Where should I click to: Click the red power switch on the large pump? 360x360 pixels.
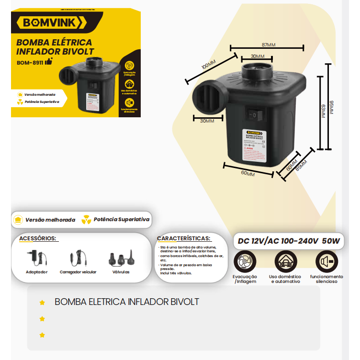coord(257,115)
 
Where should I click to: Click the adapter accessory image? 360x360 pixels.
coord(37,258)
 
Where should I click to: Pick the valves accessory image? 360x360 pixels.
coord(121,259)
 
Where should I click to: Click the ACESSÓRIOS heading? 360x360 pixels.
coord(38,238)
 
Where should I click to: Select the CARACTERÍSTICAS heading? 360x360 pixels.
coord(183,238)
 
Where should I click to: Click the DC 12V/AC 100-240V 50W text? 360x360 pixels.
coord(289,241)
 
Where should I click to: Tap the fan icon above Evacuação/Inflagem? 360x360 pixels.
coord(245,262)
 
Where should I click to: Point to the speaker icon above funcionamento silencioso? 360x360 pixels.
coord(326,262)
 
